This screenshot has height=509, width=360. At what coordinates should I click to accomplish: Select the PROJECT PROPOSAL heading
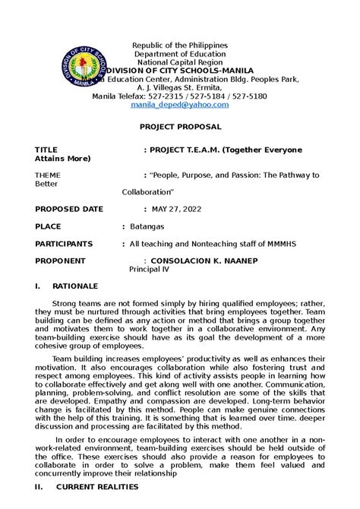[179, 129]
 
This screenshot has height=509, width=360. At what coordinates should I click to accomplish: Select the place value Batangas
[146, 226]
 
